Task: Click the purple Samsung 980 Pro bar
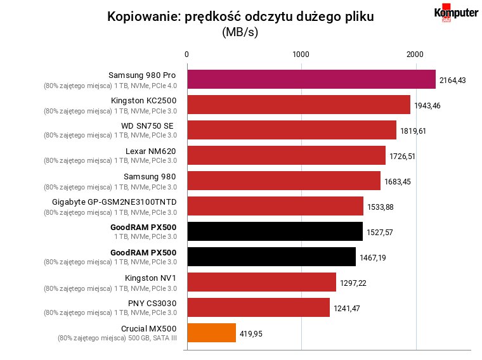(x=311, y=79)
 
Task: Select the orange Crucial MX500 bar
(x=211, y=333)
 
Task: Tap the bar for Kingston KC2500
(x=299, y=105)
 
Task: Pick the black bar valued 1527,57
(x=275, y=231)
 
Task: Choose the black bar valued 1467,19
(x=271, y=257)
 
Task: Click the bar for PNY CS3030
(x=259, y=307)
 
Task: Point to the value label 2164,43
(x=452, y=80)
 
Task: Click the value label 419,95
(x=251, y=333)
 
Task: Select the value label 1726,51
(x=402, y=157)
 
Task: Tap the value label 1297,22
(x=353, y=283)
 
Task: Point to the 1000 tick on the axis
(x=301, y=55)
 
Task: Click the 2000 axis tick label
(x=415, y=55)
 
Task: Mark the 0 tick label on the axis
(x=186, y=55)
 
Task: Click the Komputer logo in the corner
(x=456, y=13)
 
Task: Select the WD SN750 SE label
(x=147, y=126)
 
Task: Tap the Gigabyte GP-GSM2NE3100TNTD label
(x=114, y=202)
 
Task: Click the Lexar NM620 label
(x=151, y=151)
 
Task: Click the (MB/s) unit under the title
(x=240, y=32)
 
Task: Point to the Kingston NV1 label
(x=151, y=278)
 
